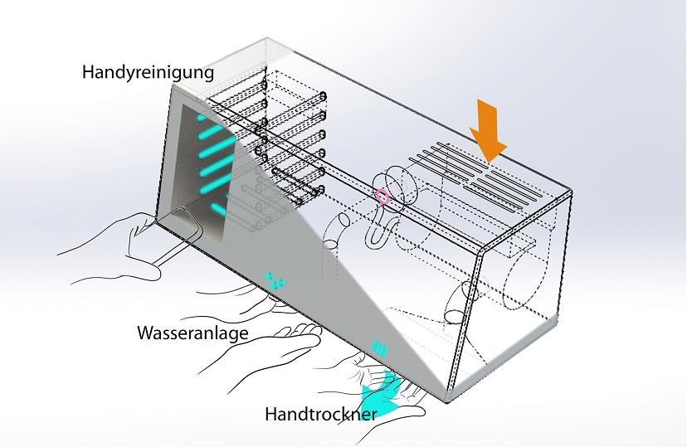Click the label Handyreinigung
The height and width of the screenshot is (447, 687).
click(x=148, y=72)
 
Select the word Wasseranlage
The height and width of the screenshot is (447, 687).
click(x=194, y=333)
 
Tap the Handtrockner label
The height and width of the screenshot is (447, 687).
click(x=322, y=413)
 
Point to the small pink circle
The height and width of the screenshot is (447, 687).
click(x=382, y=197)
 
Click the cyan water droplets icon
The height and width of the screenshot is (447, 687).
click(x=275, y=278)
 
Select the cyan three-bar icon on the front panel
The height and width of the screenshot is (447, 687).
click(x=378, y=348)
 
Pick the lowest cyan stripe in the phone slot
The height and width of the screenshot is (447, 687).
click(x=219, y=207)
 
